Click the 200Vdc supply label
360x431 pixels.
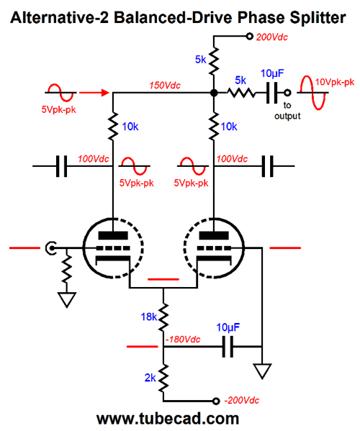click(271, 37)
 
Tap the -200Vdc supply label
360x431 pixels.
click(242, 400)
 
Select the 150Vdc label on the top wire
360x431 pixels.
click(165, 86)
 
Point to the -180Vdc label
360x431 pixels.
click(183, 339)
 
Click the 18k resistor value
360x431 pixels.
click(149, 317)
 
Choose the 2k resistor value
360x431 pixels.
click(150, 378)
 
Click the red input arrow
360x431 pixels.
click(94, 93)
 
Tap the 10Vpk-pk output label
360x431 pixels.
click(335, 82)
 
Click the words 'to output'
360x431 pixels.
click(287, 111)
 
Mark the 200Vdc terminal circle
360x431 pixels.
click(249, 36)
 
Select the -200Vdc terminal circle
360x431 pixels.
click(216, 401)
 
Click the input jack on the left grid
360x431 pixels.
click(51, 248)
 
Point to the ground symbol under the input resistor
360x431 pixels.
click(67, 299)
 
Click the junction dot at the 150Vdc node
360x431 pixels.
click(214, 93)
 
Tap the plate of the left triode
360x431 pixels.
click(113, 236)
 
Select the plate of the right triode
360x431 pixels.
click(214, 236)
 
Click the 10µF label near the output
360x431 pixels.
click(272, 73)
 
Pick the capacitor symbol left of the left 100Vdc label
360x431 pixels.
click(61, 166)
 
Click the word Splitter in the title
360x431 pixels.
click(318, 17)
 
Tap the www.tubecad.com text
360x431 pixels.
click(168, 419)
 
